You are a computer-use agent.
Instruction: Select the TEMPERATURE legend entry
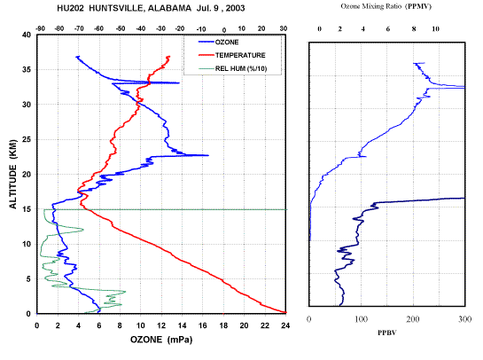[x=232, y=55]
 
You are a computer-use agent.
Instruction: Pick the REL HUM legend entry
[x=232, y=68]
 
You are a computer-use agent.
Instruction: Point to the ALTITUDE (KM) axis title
[x=13, y=174]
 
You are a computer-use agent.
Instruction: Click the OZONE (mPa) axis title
[x=161, y=340]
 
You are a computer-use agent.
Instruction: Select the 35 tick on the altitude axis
[x=27, y=70]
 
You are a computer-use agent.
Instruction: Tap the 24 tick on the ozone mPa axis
[x=285, y=325]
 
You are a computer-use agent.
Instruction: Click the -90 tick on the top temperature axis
[x=41, y=28]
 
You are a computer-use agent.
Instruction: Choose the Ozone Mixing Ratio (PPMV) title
[x=386, y=6]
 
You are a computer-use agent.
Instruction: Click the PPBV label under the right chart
[x=387, y=333]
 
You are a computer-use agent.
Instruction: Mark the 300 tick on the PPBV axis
[x=464, y=319]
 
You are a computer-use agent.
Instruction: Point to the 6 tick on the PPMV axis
[x=388, y=29]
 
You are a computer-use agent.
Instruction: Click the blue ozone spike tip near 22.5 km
[x=208, y=155]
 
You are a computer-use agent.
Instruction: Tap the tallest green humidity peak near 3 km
[x=125, y=291]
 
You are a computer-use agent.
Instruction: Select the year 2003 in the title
[x=235, y=8]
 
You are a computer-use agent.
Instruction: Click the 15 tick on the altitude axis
[x=27, y=209]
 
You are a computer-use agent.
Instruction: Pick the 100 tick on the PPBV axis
[x=361, y=319]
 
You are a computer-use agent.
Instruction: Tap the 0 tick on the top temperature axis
[x=224, y=30]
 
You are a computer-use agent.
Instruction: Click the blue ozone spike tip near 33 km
[x=179, y=82]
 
